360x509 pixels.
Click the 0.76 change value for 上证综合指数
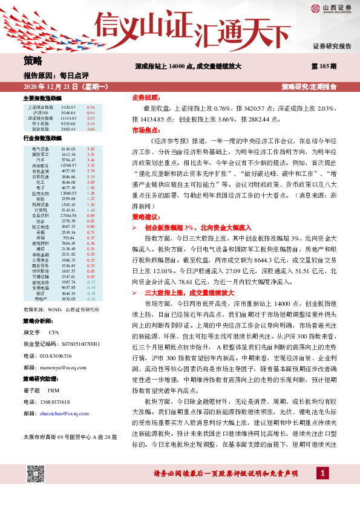[x=91, y=106]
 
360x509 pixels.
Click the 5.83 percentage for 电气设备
[x=91, y=148]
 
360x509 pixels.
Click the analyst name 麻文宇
[x=31, y=332]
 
